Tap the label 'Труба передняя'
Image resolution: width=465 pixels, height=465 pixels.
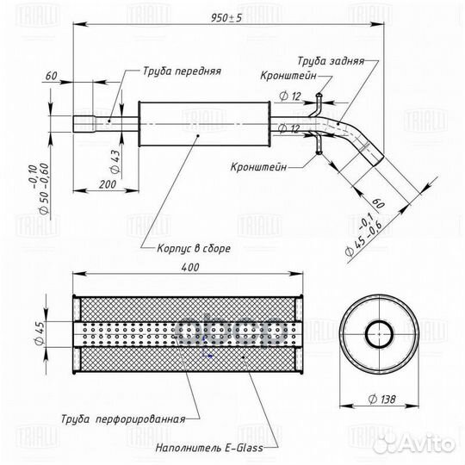pos(182,71)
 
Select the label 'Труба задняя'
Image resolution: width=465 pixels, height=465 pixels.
pos(331,61)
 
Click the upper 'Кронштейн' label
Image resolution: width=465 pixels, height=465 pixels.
pos(288,76)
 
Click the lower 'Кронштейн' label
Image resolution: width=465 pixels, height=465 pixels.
pos(258,167)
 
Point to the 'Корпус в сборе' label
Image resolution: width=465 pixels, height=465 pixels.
pos(194,248)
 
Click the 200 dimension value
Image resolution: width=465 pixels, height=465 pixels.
pos(108,184)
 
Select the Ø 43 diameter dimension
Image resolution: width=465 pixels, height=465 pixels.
pos(115,162)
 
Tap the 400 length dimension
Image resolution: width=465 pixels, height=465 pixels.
pos(190,267)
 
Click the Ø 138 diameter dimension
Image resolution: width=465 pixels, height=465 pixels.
pos(381,400)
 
